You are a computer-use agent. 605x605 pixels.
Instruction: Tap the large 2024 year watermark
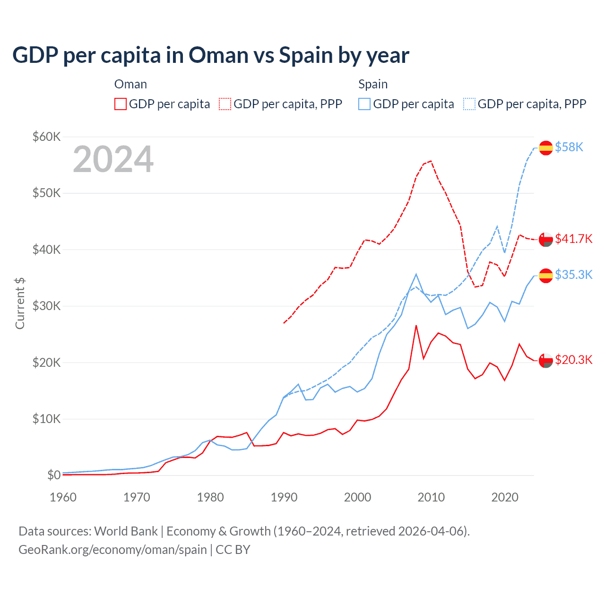click(113, 159)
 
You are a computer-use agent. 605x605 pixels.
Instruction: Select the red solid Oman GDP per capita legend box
click(121, 104)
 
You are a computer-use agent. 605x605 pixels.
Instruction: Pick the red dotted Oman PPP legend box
click(225, 104)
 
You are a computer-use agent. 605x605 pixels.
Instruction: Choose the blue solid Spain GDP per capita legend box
click(364, 104)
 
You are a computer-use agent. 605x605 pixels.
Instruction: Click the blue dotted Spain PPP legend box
click(469, 104)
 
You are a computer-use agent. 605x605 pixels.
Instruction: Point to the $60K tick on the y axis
click(46, 137)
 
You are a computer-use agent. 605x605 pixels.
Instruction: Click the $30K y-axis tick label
click(46, 306)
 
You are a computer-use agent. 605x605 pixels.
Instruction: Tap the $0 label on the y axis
click(53, 475)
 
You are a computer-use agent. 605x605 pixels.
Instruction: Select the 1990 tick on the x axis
click(284, 497)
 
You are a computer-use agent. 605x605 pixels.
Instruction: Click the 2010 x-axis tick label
click(431, 497)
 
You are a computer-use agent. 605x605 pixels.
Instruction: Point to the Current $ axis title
click(20, 303)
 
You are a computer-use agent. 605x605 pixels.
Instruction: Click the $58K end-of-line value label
click(569, 147)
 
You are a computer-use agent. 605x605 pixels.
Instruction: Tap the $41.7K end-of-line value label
click(573, 239)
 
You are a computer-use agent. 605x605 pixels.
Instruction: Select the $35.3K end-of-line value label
click(573, 275)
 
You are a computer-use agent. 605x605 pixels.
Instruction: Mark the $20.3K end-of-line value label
click(573, 360)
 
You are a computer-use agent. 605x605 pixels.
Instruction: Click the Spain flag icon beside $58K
click(546, 148)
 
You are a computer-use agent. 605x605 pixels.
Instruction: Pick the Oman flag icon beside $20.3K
click(546, 360)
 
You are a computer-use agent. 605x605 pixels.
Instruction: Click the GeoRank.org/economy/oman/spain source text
click(112, 550)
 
